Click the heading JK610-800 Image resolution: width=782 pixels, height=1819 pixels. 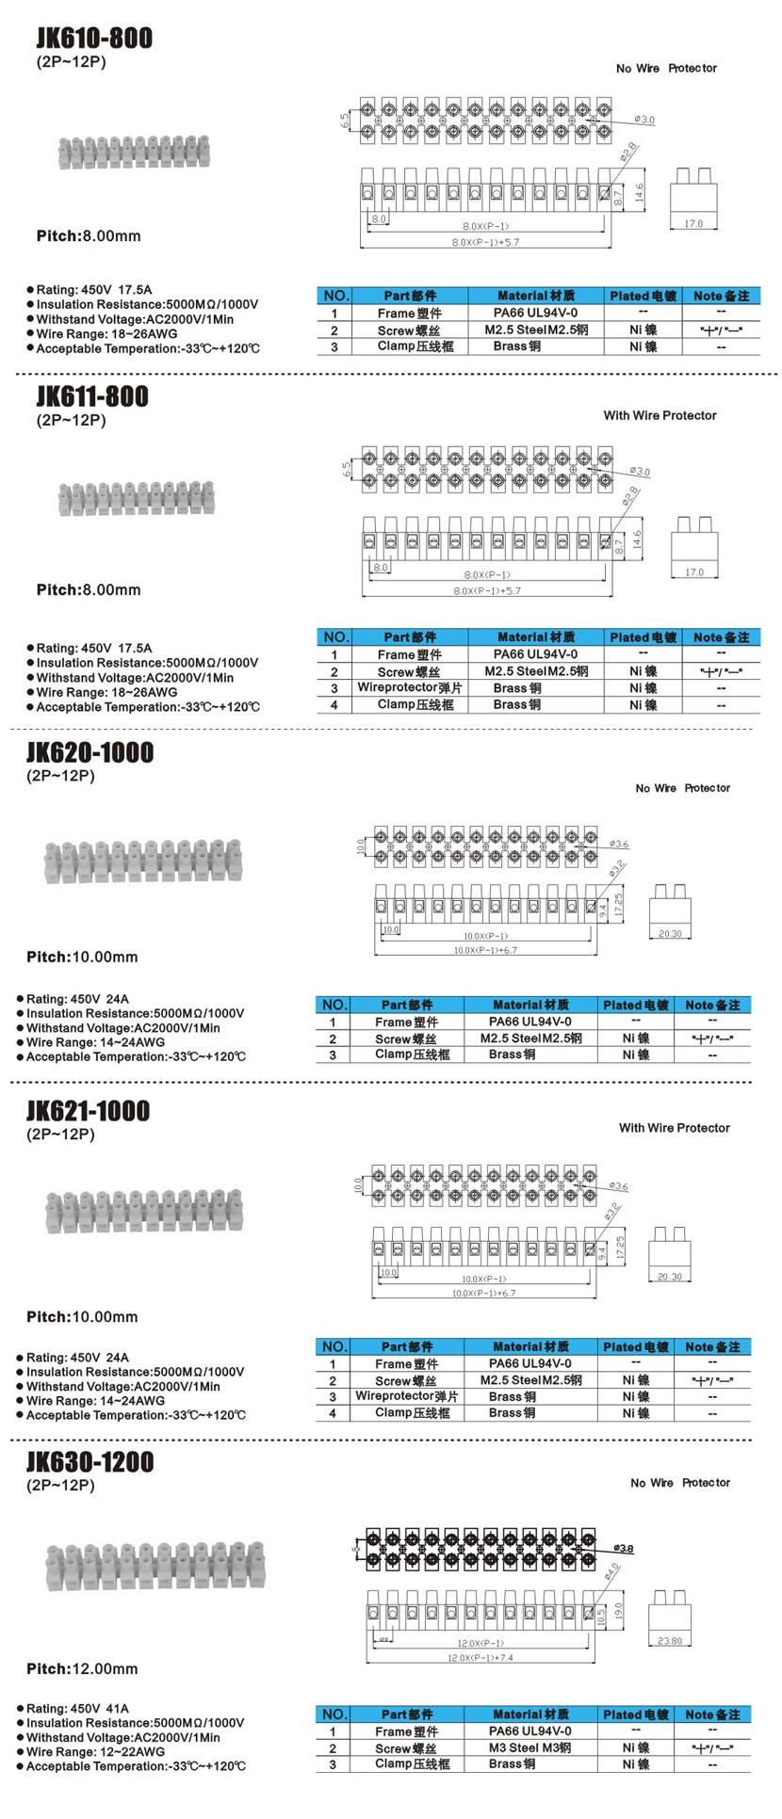pos(94,39)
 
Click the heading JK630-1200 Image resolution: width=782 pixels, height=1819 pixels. pos(90,1462)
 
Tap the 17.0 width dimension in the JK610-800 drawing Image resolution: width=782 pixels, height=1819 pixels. pos(693,223)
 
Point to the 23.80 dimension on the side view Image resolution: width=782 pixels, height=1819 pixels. pos(670,1640)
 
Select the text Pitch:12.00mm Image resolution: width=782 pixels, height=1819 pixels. pos(82,1668)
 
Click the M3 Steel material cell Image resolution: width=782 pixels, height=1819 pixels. pos(529,1747)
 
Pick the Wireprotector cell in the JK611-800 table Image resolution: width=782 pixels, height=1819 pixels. pos(409,688)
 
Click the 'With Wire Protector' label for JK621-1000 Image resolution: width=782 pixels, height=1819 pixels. pos(674,1128)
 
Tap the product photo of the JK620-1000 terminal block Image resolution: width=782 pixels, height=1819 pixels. pos(143,860)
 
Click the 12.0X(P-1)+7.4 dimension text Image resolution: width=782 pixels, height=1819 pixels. pos(481,1657)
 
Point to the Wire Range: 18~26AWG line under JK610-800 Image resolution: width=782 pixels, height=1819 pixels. pos(106,334)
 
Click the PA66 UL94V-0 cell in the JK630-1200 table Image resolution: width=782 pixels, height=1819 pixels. pos(529,1730)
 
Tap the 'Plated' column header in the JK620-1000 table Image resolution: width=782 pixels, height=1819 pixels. pos(635,1005)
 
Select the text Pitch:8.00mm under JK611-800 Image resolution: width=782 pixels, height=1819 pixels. pos(89,589)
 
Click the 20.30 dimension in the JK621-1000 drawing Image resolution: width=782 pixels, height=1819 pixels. pos(670,1277)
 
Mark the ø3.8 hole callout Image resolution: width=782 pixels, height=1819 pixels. pos(623,1548)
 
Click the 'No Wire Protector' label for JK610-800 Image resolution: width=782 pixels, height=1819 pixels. pos(666,69)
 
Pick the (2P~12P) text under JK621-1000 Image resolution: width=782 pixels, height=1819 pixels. pos(60,1135)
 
